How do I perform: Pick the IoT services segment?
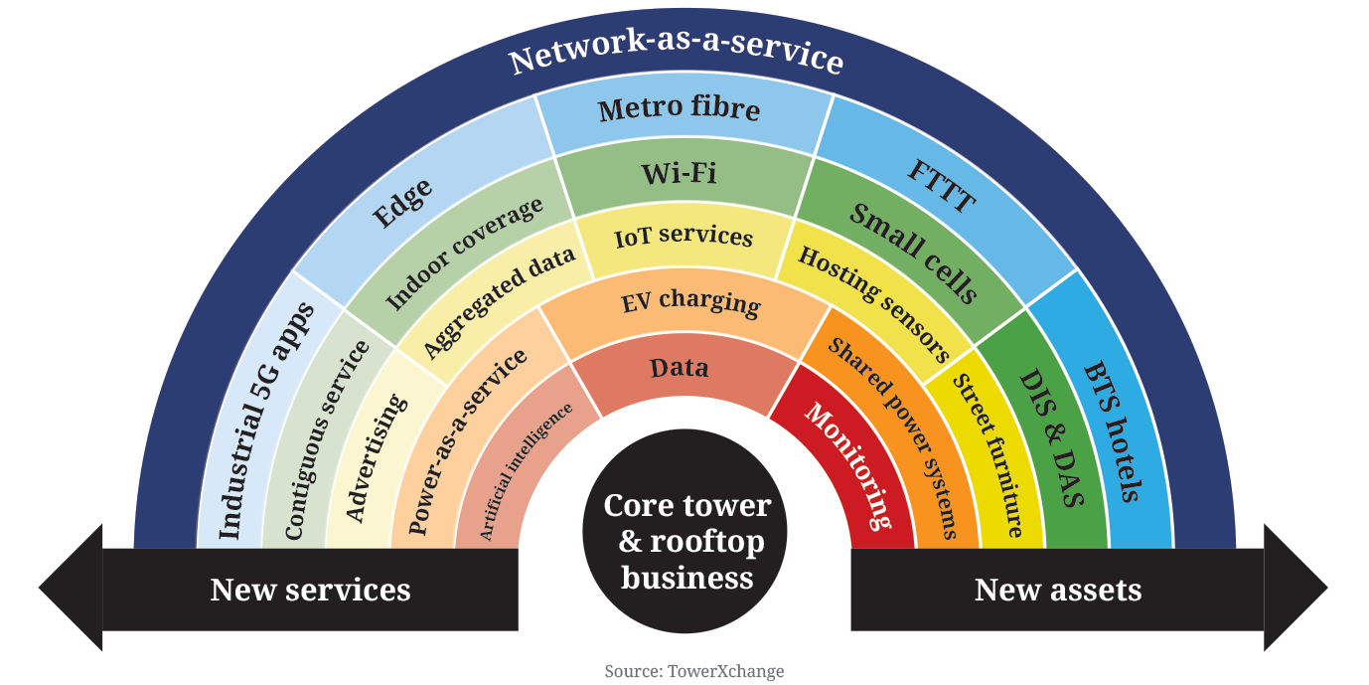683,238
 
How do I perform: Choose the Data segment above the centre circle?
680,369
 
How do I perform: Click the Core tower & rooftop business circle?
686,542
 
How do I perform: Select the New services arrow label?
310,590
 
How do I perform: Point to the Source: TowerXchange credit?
693,671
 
